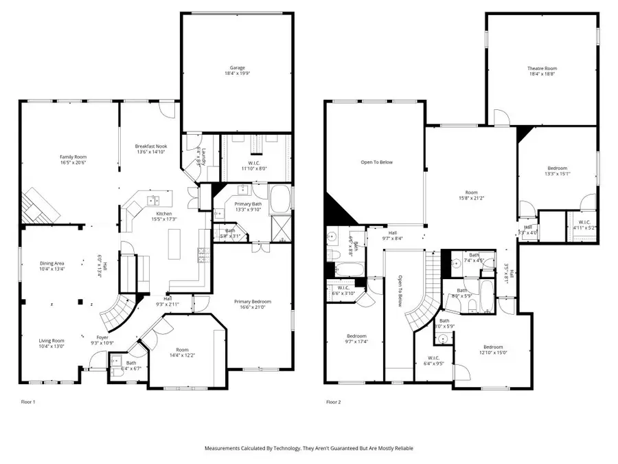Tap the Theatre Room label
542,71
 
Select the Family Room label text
72,159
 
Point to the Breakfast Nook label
151,149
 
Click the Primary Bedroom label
252,304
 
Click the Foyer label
102,340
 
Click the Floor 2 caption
334,401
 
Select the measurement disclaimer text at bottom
309,448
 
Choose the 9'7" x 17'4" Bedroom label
356,339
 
